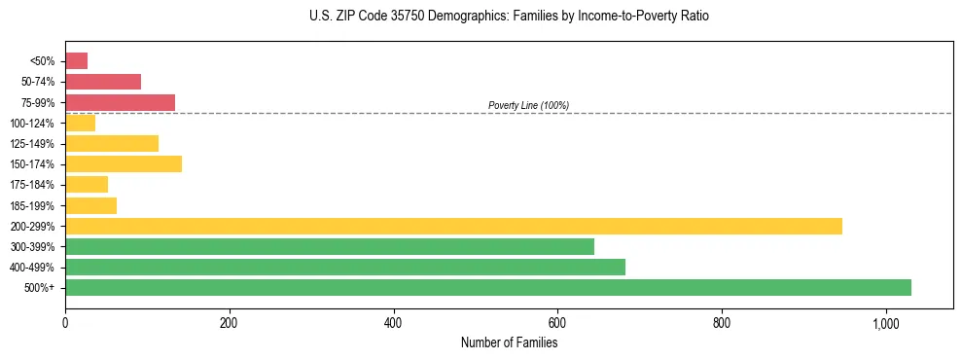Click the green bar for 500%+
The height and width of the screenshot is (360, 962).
[x=487, y=287]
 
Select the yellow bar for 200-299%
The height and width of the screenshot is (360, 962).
[x=453, y=226]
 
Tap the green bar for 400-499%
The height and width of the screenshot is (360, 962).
[x=344, y=267]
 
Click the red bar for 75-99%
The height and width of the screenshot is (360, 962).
[x=120, y=102]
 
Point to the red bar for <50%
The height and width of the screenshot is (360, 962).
[x=76, y=61]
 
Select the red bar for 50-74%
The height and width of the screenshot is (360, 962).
[x=102, y=82]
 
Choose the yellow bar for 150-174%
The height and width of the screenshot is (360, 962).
[x=123, y=163]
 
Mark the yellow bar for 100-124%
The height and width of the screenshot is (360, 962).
[x=80, y=123]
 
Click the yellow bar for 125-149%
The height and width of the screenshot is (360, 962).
[x=111, y=143]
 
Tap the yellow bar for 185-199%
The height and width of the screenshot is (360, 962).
[x=90, y=205]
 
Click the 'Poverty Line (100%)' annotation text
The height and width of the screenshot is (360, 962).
[x=528, y=105]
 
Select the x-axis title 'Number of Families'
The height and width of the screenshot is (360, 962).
[x=509, y=342]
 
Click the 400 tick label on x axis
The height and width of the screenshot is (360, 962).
[x=393, y=323]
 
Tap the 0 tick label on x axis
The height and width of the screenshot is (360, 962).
[x=65, y=323]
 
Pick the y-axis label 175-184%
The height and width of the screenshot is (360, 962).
[x=33, y=185]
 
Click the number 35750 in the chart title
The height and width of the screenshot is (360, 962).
[x=388, y=17]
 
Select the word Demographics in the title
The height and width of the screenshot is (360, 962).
[x=449, y=17]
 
